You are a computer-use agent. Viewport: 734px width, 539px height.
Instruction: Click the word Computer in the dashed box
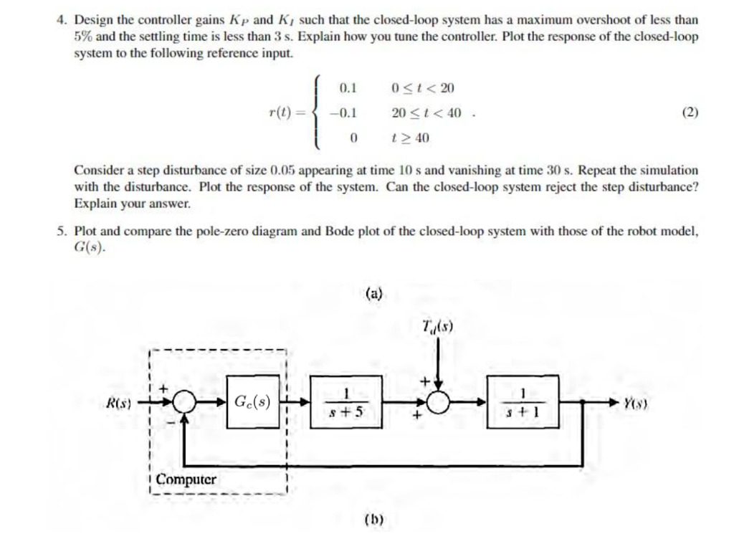188,478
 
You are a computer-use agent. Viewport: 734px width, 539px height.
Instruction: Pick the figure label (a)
374,293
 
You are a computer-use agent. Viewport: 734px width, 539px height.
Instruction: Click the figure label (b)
374,518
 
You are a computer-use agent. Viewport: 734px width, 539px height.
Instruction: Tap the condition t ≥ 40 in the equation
411,138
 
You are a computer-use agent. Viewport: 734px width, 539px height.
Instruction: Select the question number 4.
62,22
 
